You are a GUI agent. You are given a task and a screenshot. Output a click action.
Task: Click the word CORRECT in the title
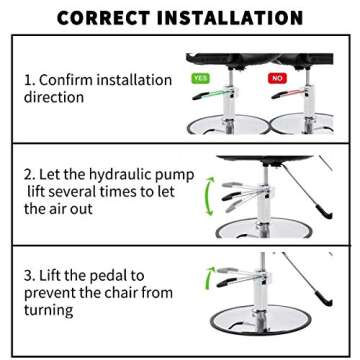104,18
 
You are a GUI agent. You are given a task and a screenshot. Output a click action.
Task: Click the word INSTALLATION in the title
229,18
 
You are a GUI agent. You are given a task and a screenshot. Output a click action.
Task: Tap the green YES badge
200,78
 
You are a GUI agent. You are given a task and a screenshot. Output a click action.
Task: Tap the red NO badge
277,78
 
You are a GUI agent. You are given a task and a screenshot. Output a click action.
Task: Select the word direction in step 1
54,97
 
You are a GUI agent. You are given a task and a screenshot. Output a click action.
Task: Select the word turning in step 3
48,310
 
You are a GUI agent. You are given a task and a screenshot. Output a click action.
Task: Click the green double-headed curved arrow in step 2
209,196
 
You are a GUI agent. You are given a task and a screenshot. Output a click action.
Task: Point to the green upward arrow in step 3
210,276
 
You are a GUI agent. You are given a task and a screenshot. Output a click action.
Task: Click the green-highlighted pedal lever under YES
211,94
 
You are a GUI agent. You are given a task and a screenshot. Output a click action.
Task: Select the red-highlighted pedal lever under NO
288,94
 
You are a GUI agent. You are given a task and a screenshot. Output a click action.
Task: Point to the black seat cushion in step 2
264,159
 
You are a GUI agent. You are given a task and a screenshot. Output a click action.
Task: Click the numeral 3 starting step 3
28,276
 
